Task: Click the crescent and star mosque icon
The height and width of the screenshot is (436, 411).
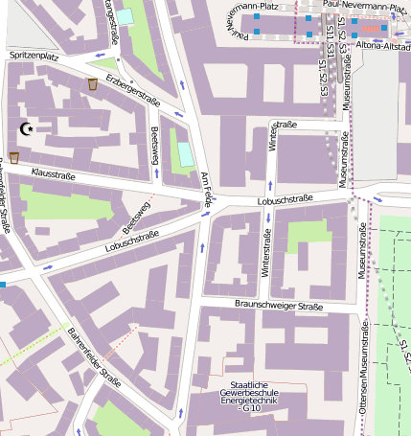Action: pyautogui.click(x=26, y=128)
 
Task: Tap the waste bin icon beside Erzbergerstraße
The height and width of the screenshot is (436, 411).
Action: pyautogui.click(x=92, y=85)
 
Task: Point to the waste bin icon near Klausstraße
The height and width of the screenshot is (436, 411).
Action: pyautogui.click(x=14, y=157)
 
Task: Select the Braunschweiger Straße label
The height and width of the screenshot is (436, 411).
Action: pyautogui.click(x=278, y=306)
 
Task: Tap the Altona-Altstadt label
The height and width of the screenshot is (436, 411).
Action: pyautogui.click(x=382, y=45)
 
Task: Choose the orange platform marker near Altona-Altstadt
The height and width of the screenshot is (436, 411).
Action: pyautogui.click(x=371, y=28)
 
